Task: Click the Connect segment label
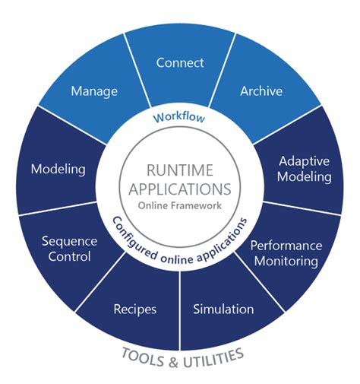(x=180, y=63)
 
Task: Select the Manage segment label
(x=94, y=91)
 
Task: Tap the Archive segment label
(x=261, y=91)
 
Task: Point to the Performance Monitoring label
(x=286, y=252)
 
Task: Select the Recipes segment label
(x=135, y=309)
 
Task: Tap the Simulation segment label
(x=223, y=309)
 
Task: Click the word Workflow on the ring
(x=179, y=118)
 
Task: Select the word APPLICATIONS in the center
(x=179, y=189)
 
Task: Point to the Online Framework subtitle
(x=179, y=206)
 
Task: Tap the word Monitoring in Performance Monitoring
(x=286, y=261)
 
